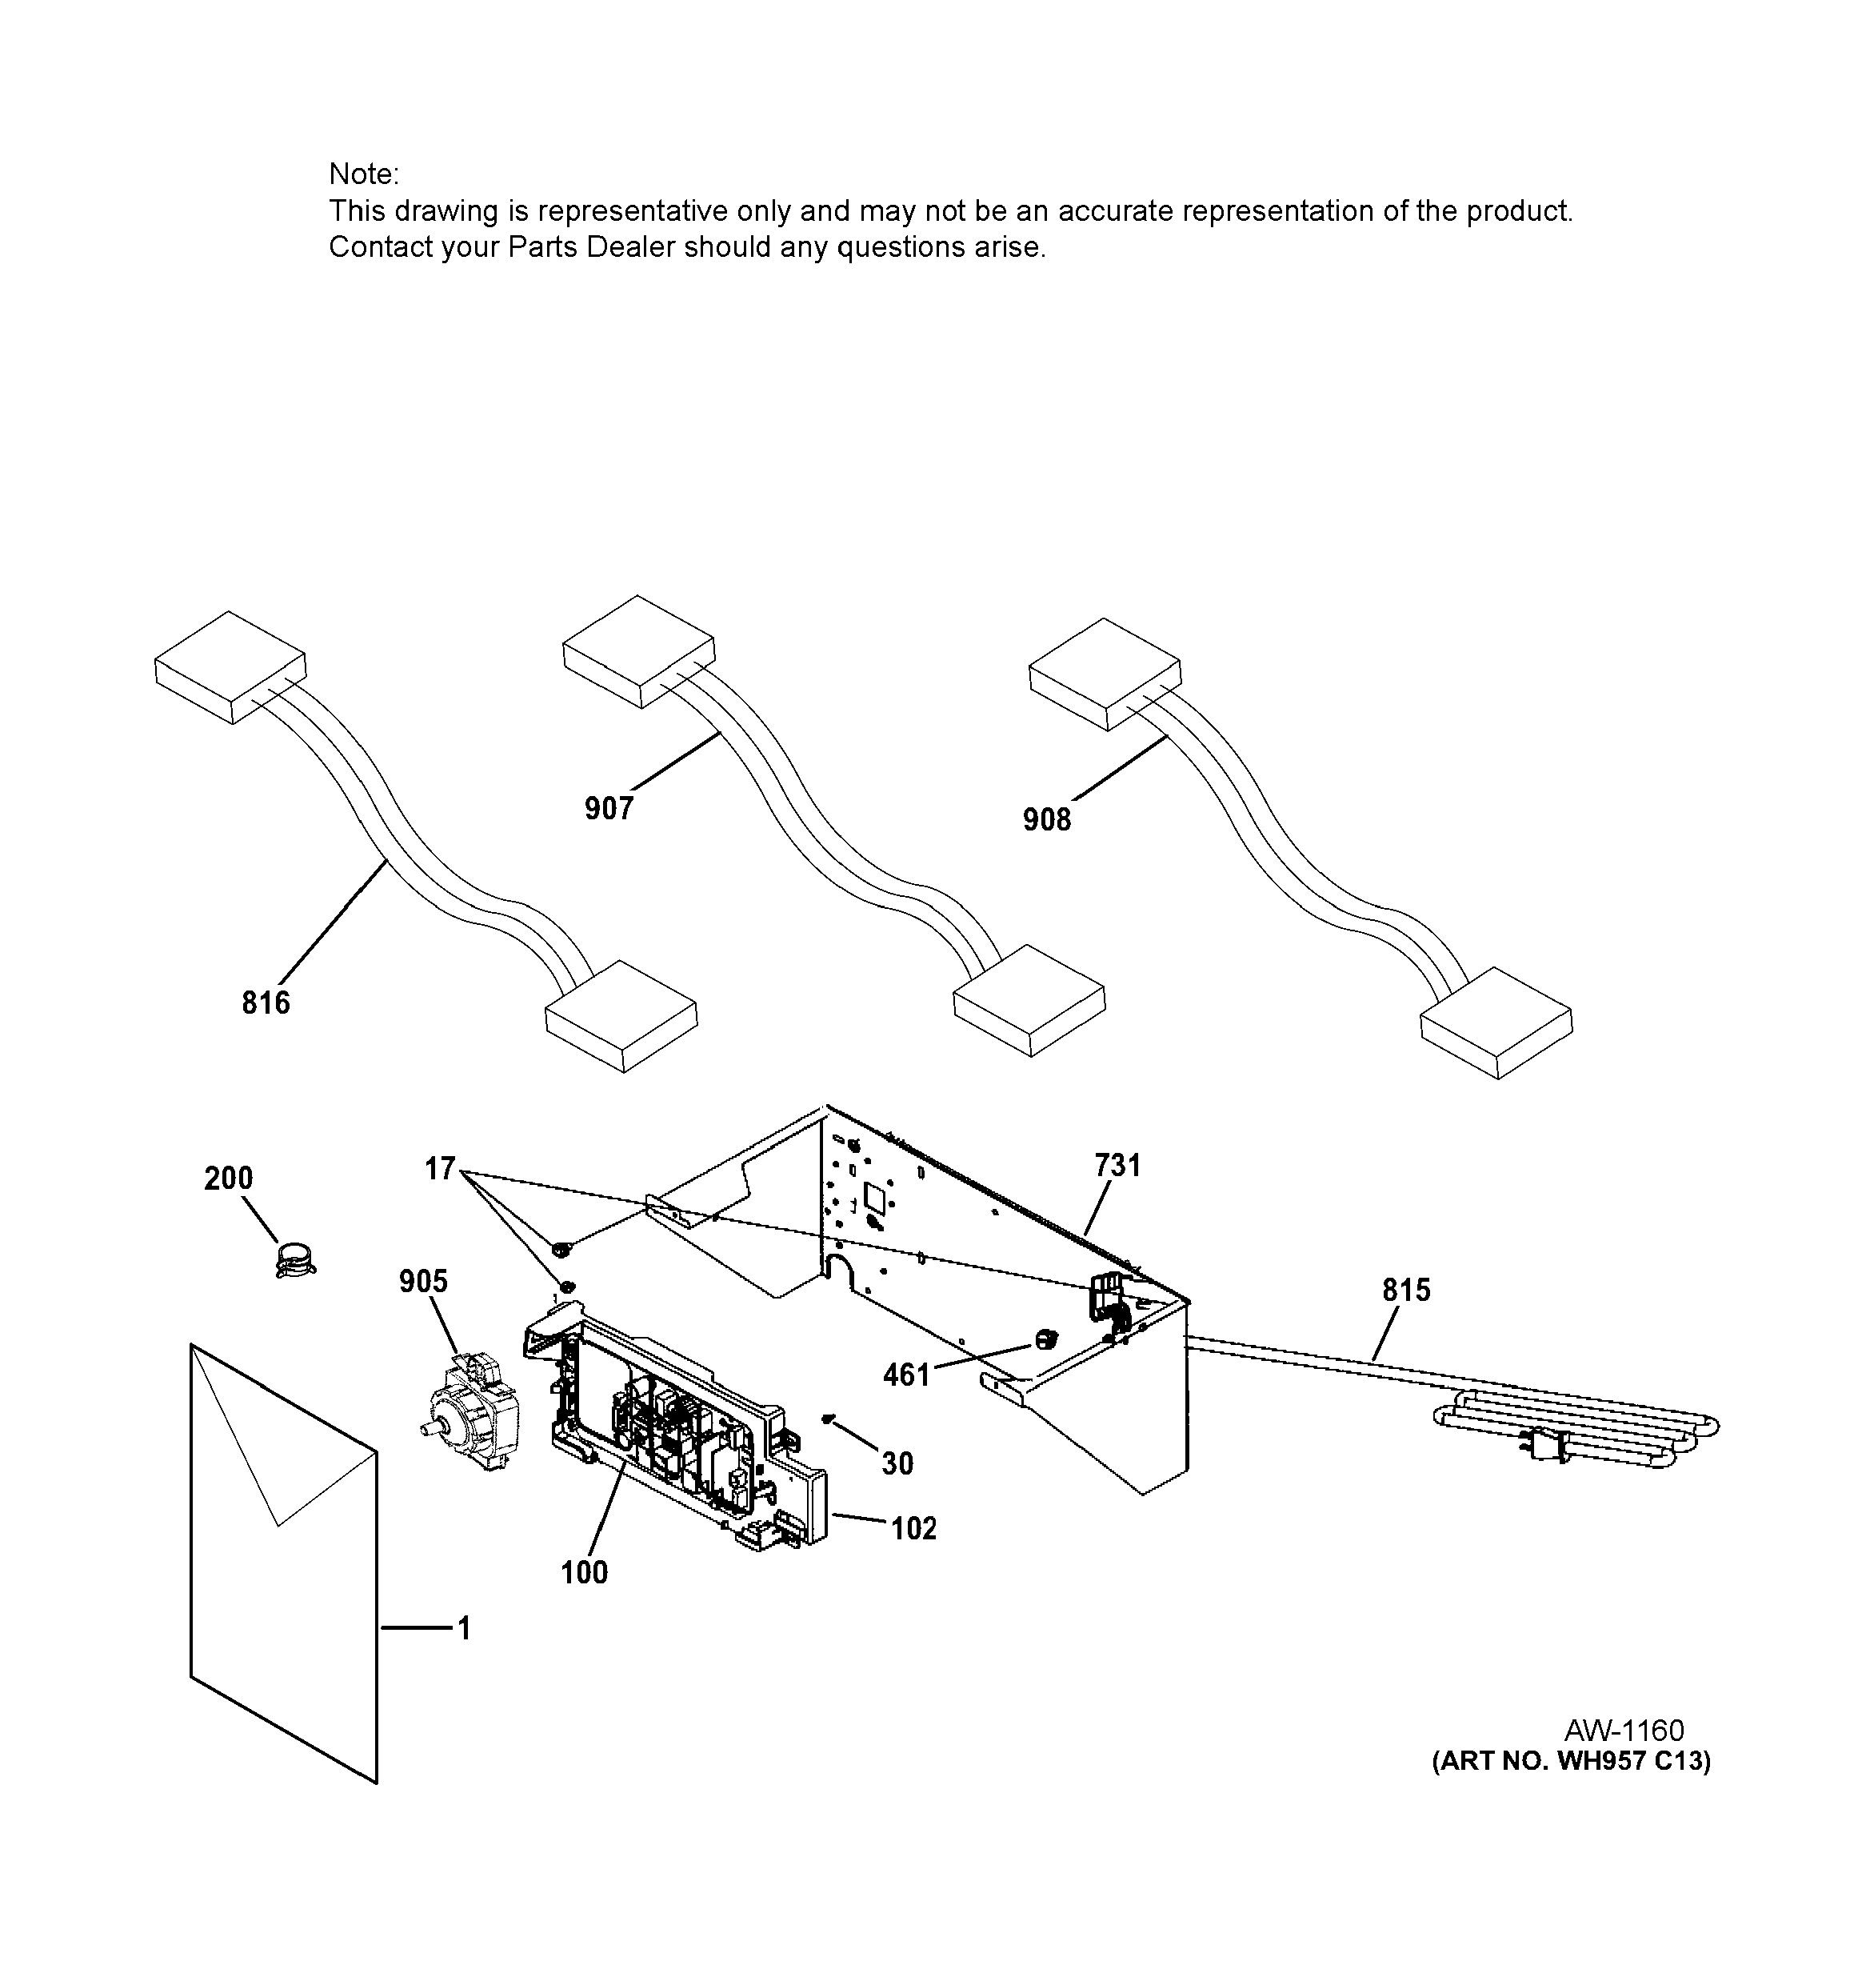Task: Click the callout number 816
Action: pos(266,1003)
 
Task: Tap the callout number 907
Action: pos(609,808)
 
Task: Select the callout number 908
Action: pos(1046,820)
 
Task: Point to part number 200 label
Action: pos(229,1179)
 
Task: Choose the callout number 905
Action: pos(423,1281)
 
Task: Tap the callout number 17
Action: pos(440,1168)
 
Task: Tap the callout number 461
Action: pos(906,1376)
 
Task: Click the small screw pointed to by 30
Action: pos(828,1418)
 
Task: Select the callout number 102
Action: pos(913,1529)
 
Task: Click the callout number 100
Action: pos(584,1573)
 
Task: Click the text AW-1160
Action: pos(1624,1731)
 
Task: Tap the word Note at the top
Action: pos(363,174)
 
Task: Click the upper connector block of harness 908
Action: pos(1105,674)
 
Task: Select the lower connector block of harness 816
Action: pos(621,1016)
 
